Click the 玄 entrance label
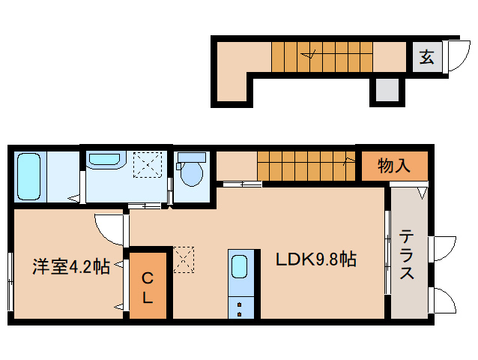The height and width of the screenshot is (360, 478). pos(426,57)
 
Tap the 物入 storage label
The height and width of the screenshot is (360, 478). pos(394,166)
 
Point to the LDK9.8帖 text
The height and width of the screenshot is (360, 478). pos(315,260)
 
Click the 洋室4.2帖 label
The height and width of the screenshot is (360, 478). pos(71,266)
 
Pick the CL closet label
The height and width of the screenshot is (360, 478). pos(148,286)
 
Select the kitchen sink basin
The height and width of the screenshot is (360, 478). pos(241,266)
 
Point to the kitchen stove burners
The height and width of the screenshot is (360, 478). pos(241,307)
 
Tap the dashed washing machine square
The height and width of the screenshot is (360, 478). pos(148,164)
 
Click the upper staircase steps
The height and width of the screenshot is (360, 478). pos(321,56)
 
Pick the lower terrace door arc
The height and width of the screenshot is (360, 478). pos(444,301)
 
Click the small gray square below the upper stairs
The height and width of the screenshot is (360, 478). pos(387,90)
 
